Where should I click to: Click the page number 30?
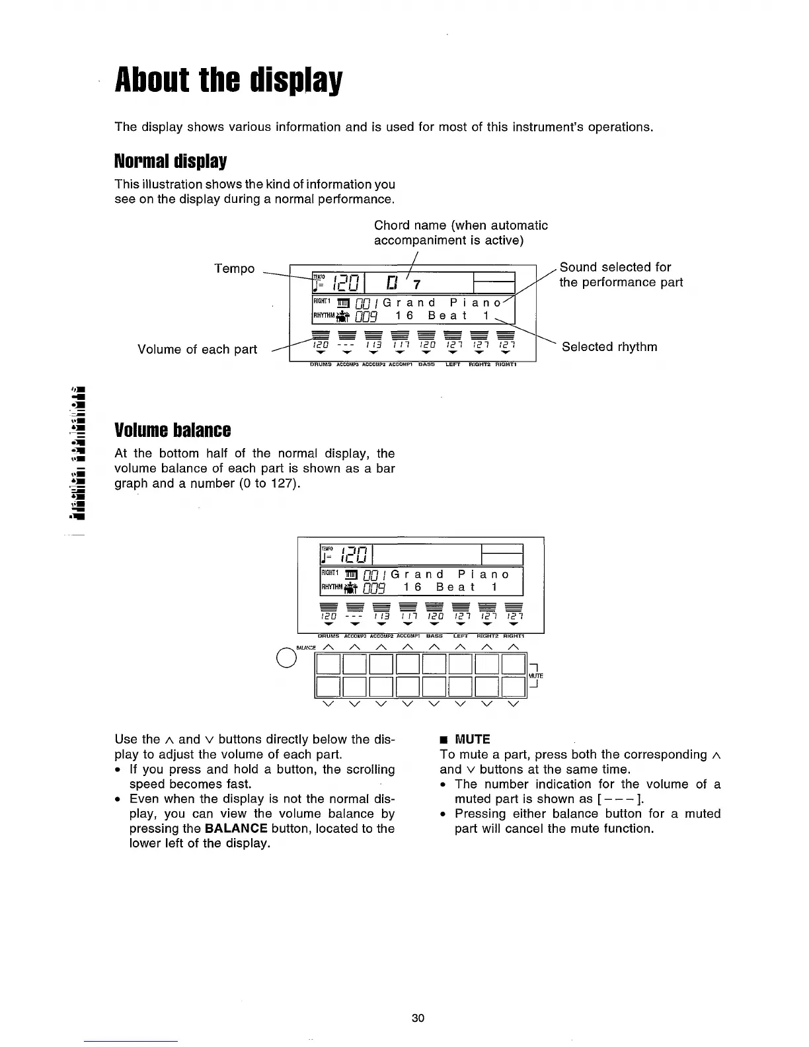pos(418,1018)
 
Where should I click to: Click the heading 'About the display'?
pos(229,81)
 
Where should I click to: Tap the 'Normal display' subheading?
pos(171,161)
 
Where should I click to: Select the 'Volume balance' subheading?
pos(173,430)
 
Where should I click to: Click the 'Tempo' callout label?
pos(234,268)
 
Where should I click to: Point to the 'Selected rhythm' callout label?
pos(609,347)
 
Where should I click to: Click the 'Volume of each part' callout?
pos(197,349)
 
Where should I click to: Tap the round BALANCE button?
pos(286,658)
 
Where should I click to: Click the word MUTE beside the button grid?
pos(535,676)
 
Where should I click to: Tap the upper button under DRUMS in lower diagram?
pos(328,663)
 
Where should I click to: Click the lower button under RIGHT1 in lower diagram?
pos(514,687)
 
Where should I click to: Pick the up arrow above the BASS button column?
pos(434,646)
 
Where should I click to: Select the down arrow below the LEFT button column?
pos(461,703)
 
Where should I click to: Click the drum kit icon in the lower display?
pos(348,587)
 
